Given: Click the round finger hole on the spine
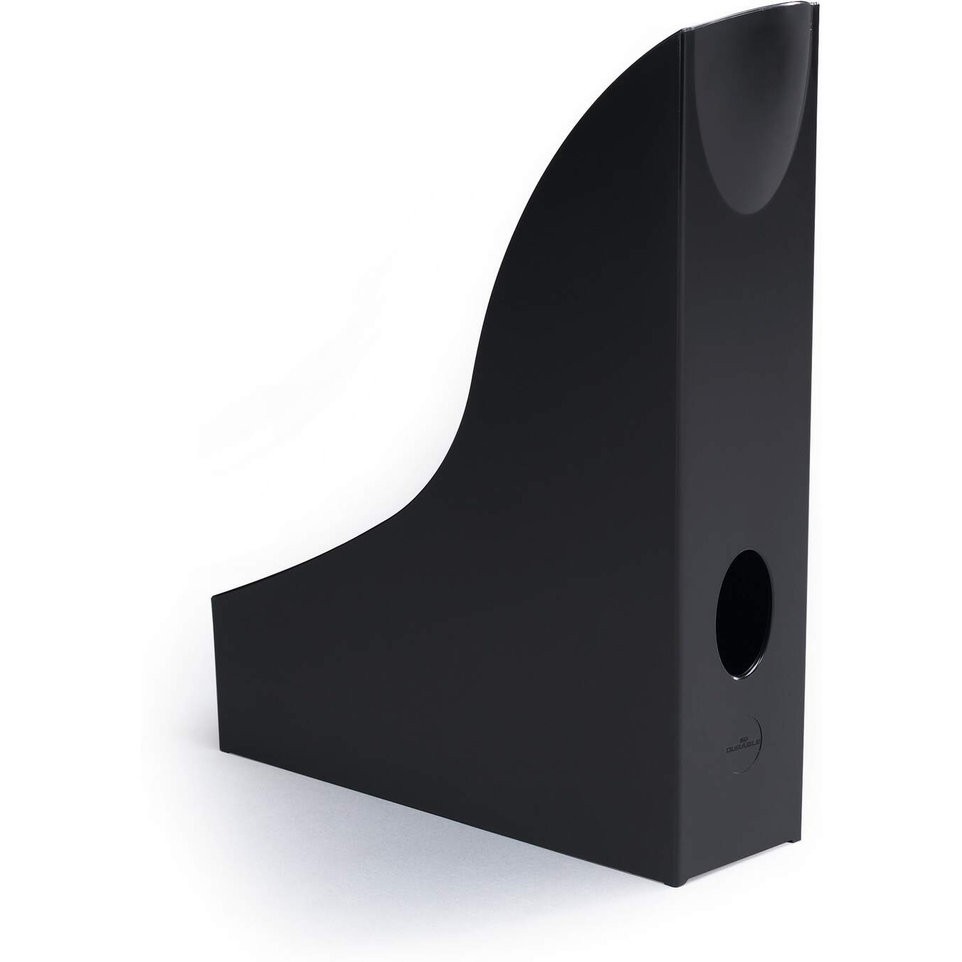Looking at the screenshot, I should click(743, 615).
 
